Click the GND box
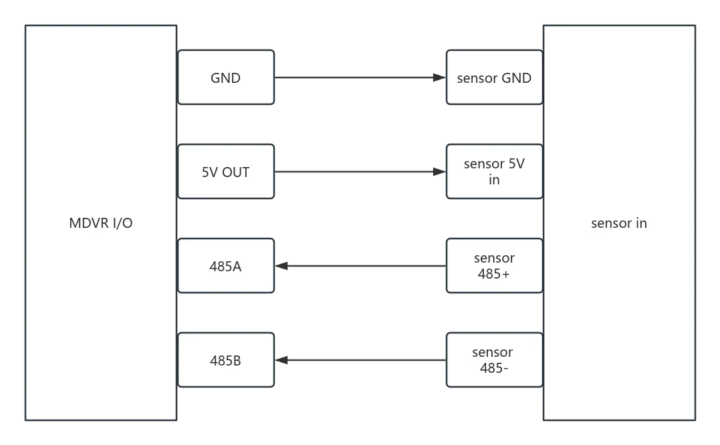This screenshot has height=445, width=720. (x=226, y=78)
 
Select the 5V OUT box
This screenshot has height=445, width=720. (x=226, y=172)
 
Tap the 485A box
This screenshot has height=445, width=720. (x=226, y=266)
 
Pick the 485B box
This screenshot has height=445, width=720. (x=226, y=360)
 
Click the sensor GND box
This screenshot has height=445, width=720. (x=495, y=78)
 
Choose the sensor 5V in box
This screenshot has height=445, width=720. (x=495, y=172)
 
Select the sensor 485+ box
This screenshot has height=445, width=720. (x=495, y=266)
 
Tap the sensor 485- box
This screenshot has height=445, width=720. (x=495, y=360)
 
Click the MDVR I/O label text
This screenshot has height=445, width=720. (x=101, y=223)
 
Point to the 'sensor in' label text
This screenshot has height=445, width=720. (x=619, y=223)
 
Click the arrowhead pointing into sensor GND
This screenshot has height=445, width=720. (x=439, y=78)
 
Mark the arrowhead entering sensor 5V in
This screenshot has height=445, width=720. (x=439, y=172)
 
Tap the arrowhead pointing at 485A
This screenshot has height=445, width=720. (x=281, y=266)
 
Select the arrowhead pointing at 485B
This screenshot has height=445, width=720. (x=281, y=360)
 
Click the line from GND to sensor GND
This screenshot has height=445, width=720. (x=360, y=78)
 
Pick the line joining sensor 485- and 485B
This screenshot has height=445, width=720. (x=360, y=360)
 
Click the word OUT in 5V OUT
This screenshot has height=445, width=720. (x=236, y=172)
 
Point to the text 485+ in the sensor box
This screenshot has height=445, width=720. (x=493, y=274)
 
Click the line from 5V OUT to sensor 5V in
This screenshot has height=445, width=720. (x=360, y=172)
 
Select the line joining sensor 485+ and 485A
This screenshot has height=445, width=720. (x=360, y=266)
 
